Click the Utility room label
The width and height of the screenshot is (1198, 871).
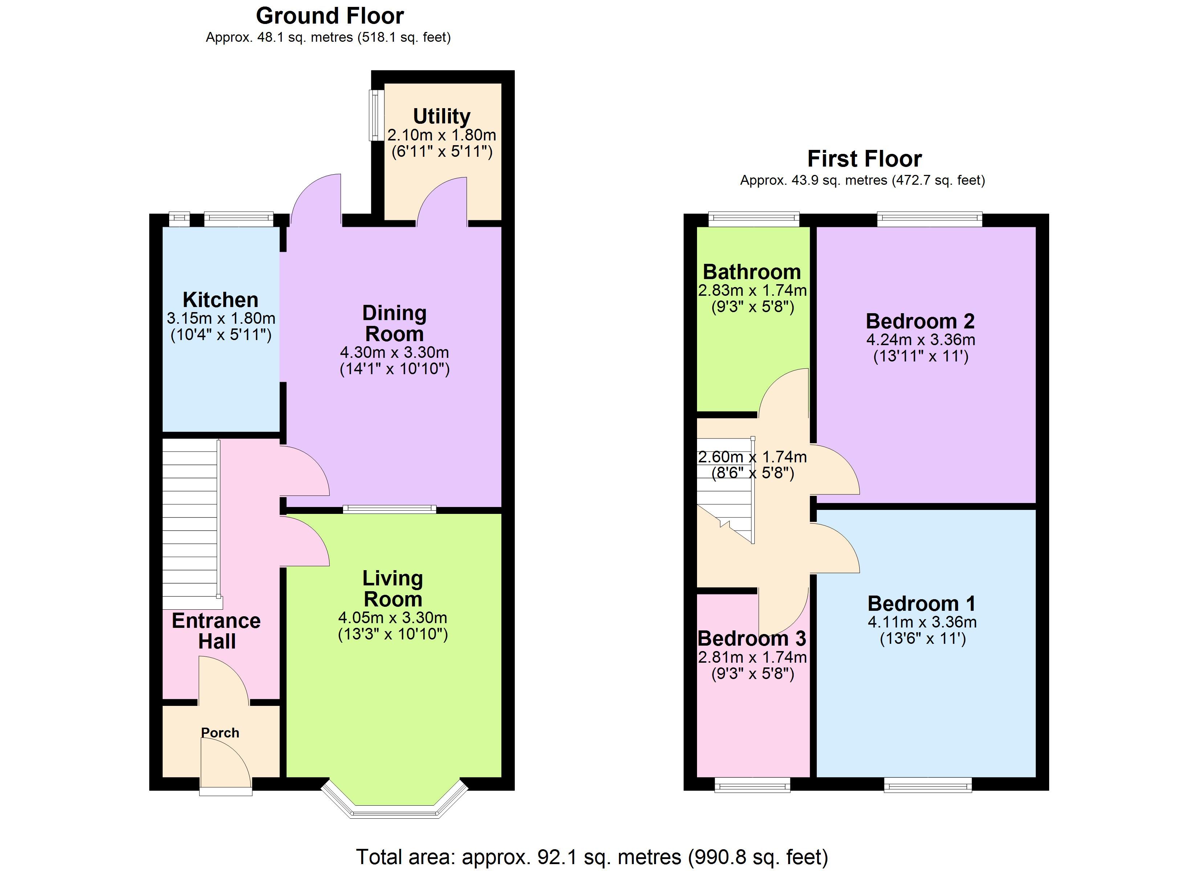coord(441,116)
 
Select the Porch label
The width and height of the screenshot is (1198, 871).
coord(220,733)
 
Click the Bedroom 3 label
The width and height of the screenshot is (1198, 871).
coord(752,639)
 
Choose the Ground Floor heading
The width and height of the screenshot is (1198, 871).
coord(330,16)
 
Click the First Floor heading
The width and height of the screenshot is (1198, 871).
coord(865,159)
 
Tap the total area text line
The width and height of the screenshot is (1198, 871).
coord(592,857)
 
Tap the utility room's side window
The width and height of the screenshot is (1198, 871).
coord(376,115)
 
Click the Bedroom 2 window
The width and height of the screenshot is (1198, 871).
coord(930,219)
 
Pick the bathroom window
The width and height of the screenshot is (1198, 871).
coord(754,219)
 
